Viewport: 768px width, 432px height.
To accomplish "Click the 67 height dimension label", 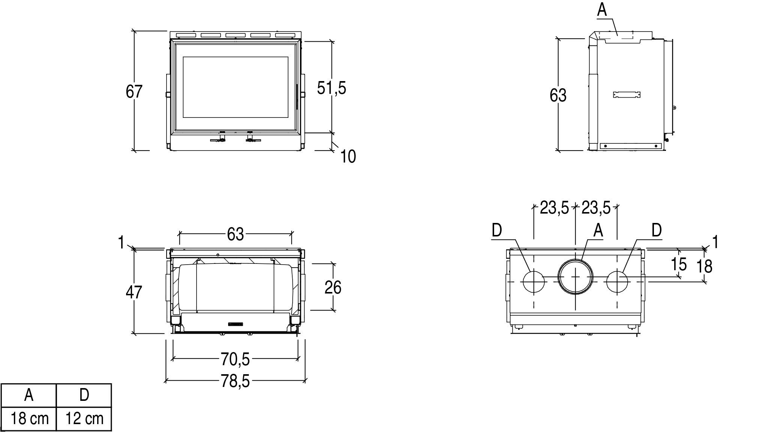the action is (134, 92).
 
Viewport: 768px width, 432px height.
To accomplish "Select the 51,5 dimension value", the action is (331, 88).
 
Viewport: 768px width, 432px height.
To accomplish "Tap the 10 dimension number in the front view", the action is (348, 157).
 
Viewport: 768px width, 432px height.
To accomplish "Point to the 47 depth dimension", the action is (134, 292).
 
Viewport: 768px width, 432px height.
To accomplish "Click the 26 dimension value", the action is (333, 288).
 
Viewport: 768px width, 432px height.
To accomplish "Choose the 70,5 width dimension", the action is (235, 359).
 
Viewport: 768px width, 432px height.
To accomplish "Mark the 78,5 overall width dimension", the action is (235, 382).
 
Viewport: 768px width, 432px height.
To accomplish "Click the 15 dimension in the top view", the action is (679, 264).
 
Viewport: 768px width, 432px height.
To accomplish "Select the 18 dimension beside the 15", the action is (704, 266).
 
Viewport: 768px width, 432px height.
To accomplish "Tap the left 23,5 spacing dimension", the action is (555, 208).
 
